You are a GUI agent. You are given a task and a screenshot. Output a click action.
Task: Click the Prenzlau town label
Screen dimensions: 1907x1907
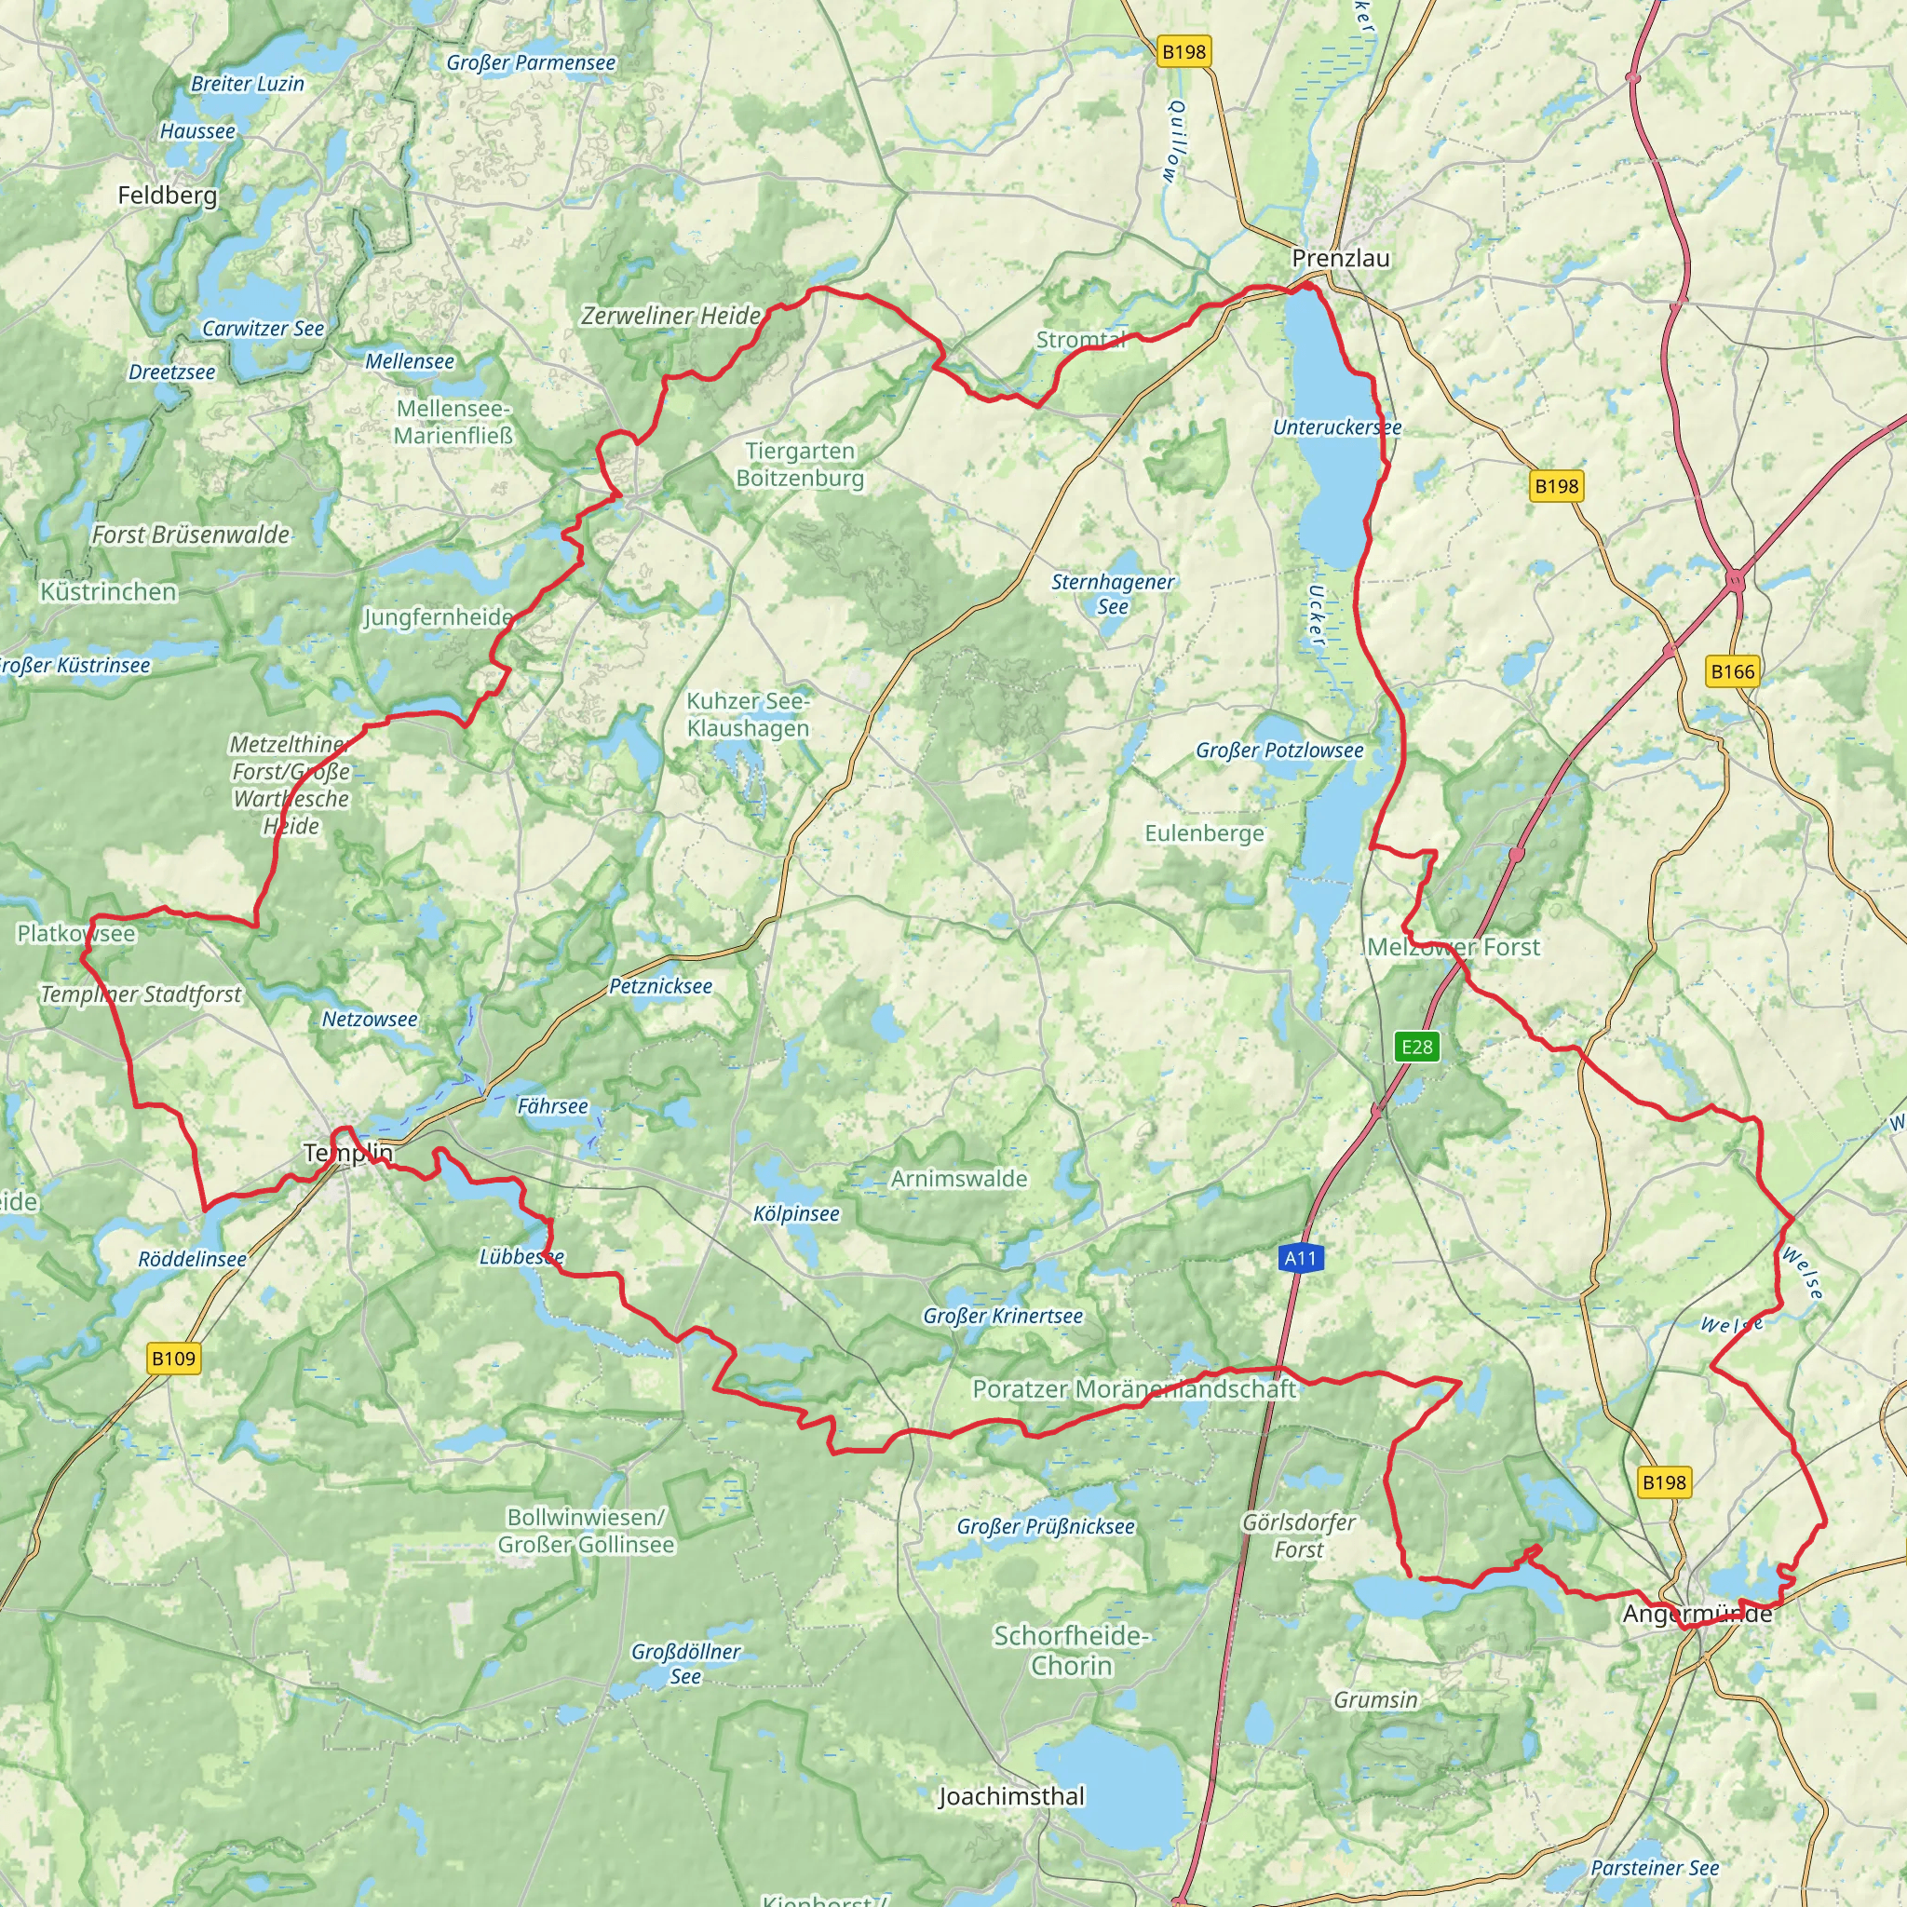(1341, 259)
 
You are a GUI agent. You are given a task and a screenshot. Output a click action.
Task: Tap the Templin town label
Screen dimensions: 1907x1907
(347, 1153)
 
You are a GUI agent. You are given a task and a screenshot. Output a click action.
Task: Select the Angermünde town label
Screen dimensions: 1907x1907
(1697, 1614)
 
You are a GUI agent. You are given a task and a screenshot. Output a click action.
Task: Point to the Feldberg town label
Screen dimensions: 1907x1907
(167, 196)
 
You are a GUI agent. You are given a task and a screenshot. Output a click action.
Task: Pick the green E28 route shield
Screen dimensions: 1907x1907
(1416, 1047)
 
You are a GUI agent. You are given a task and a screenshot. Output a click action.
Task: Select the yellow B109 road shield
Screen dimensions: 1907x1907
(174, 1359)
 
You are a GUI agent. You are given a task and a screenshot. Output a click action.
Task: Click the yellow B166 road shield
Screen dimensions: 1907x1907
(1732, 672)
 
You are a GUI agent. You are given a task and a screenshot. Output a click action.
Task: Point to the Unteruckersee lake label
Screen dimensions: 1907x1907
(1336, 427)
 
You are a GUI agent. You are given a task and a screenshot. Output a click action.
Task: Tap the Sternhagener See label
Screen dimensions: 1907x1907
(1113, 594)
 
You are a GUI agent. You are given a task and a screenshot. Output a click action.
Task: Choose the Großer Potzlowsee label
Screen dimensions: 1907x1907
(1279, 751)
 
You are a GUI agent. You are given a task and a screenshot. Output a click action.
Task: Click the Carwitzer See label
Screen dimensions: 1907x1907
(263, 329)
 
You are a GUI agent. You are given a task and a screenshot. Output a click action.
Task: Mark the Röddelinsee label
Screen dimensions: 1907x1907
(193, 1260)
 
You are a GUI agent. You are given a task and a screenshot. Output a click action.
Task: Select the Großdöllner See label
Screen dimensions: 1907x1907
(685, 1663)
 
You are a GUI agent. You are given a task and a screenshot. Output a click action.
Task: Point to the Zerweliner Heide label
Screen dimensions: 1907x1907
(671, 316)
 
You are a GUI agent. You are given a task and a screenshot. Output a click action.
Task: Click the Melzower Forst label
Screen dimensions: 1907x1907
(1453, 948)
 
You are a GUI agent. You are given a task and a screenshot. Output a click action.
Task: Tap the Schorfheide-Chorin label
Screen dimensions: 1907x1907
(1071, 1650)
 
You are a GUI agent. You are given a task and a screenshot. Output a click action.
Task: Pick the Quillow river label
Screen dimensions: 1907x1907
(1174, 142)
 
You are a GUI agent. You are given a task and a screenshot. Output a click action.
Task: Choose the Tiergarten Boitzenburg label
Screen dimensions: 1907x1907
(800, 465)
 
